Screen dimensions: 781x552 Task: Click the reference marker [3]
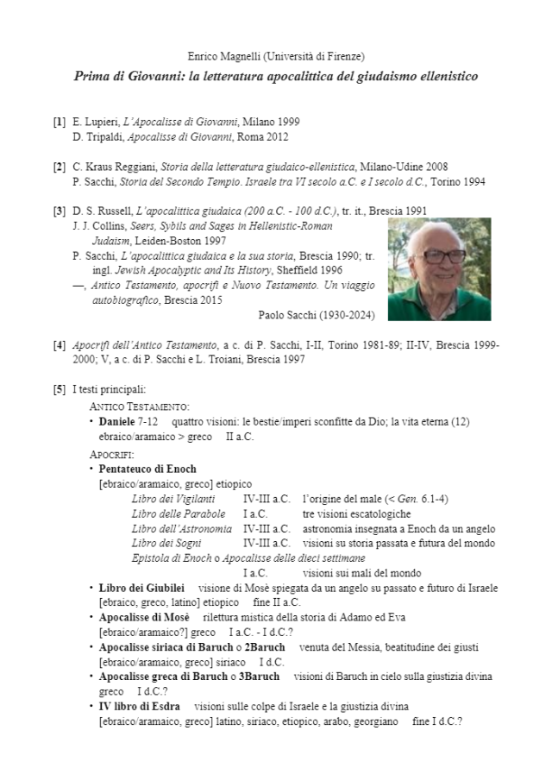(x=60, y=211)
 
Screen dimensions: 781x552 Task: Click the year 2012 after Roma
(x=277, y=136)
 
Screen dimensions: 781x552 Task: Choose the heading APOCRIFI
(x=112, y=454)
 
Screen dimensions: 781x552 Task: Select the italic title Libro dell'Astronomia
(x=181, y=528)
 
